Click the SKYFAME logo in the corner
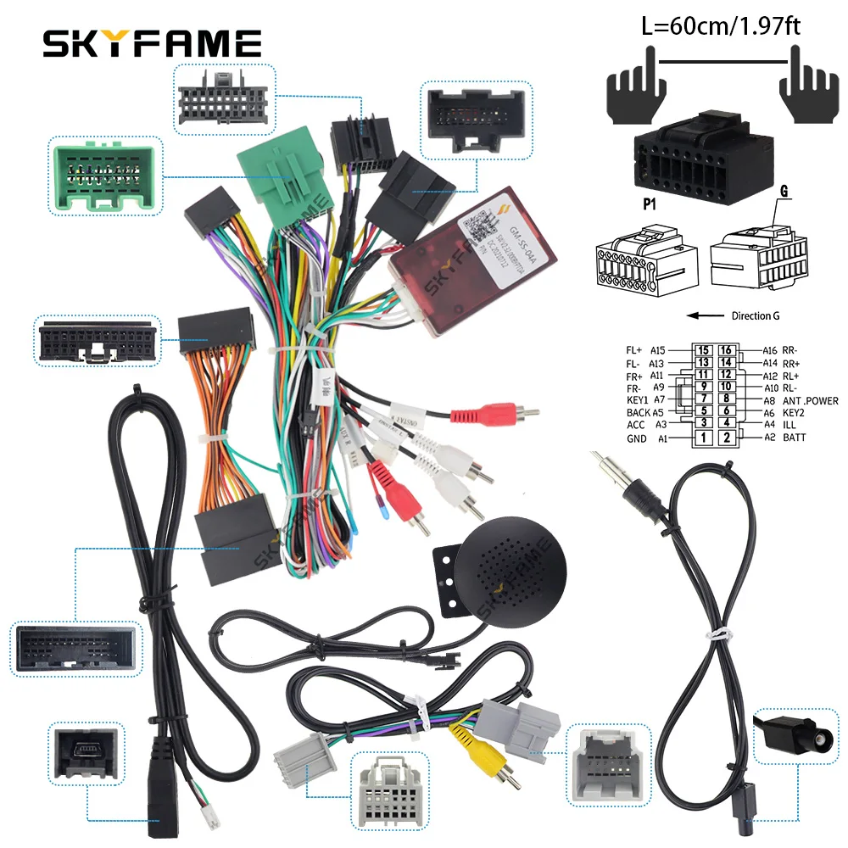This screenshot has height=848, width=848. [153, 42]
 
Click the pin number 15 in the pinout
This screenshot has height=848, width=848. [704, 349]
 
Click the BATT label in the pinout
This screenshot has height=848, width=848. [795, 438]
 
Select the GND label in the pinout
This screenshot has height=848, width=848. [636, 438]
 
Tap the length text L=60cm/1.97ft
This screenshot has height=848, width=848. [722, 26]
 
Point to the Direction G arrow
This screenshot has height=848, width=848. [704, 315]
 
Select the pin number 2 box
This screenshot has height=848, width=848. [726, 438]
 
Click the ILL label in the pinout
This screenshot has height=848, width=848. [789, 424]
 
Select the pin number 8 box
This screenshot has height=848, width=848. [726, 399]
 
